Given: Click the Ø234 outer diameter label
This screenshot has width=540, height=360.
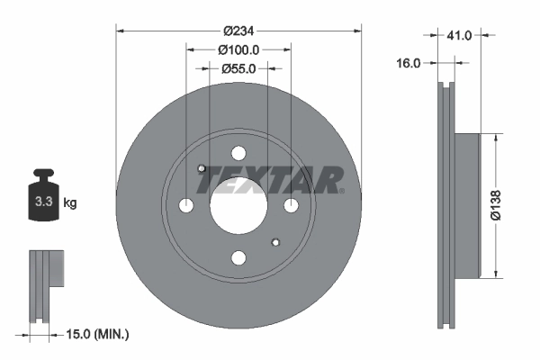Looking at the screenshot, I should [238, 21].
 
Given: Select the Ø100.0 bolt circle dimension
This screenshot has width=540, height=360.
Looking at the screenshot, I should [238, 50].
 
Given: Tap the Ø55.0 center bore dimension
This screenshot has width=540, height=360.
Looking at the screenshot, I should [238, 68].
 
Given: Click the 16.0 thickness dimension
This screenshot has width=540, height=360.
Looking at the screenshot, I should [409, 63].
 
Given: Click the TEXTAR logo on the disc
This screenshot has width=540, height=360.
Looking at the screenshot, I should [270, 181].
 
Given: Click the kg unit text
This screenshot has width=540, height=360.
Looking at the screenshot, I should [70, 203].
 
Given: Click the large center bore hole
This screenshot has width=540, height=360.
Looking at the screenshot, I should [238, 206].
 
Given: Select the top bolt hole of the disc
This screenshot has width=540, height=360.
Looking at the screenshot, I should [238, 153].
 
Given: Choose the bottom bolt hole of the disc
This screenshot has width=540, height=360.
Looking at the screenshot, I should [238, 258].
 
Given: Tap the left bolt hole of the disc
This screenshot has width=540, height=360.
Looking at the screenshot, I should [186, 206].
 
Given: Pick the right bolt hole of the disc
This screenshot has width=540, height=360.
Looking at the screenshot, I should [291, 206].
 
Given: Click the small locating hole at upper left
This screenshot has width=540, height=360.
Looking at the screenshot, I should [202, 169].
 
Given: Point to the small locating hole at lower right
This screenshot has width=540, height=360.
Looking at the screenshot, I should [275, 242].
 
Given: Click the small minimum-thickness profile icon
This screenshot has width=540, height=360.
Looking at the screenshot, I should [46, 283].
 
